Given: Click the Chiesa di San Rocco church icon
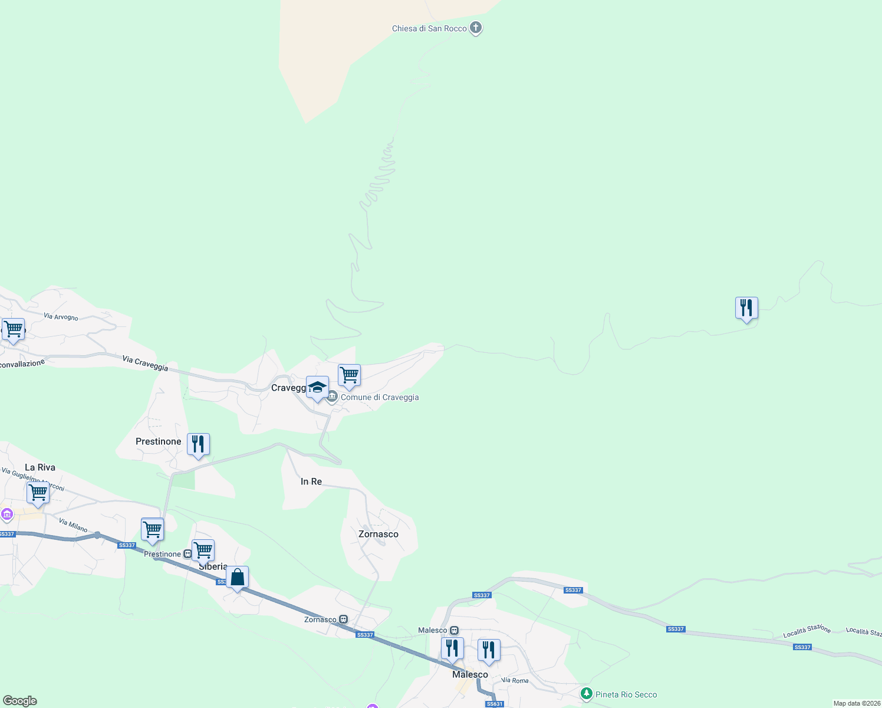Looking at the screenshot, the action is point(476,28).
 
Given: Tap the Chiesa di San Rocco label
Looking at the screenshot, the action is point(429,28).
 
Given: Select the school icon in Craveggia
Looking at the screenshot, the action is point(317,388).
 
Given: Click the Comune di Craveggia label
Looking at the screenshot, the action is point(380,397).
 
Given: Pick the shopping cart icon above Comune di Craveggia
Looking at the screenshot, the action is point(350,375).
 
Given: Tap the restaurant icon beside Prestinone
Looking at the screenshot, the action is point(198,444).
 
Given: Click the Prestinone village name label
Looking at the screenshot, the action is point(158,441).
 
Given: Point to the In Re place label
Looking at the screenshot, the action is point(311,481).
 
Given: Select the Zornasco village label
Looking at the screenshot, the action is point(379,534).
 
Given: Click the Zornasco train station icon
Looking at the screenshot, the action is point(343,619).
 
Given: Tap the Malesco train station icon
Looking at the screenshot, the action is point(454,630).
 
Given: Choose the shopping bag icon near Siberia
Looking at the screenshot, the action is point(237,578).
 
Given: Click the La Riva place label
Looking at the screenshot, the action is point(40,467).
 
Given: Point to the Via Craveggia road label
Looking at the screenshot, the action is point(145,363).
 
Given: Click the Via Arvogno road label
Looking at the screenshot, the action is point(61,317).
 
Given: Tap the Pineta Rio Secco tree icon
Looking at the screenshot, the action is point(586,694).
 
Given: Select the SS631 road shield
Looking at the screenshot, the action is point(495,704).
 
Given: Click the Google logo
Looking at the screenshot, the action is point(20,701).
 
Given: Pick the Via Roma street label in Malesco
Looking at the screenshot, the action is point(515,680).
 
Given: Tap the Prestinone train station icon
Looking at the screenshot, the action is point(187,554).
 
